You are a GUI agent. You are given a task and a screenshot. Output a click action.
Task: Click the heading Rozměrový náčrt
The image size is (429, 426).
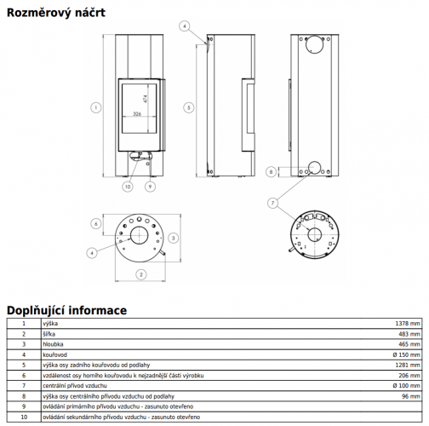tap(56, 13)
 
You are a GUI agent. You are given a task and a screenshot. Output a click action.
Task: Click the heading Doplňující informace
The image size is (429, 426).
tap(66, 310)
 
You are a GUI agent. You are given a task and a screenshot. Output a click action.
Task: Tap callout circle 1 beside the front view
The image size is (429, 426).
tap(96, 107)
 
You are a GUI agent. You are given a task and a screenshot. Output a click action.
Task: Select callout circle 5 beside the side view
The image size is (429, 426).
tap(189, 107)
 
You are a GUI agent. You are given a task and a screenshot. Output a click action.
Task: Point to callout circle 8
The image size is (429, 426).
tap(271, 172)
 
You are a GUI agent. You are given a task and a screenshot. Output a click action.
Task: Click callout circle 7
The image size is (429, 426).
tap(272, 203)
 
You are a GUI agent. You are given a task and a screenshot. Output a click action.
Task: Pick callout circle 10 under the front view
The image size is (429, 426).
tap(128, 187)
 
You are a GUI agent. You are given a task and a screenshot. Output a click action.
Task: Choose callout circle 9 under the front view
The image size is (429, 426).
tap(150, 187)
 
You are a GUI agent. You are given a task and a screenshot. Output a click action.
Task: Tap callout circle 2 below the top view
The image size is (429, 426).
tap(141, 274)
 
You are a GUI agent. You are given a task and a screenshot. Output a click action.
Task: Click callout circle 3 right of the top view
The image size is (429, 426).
tap(174, 238)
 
